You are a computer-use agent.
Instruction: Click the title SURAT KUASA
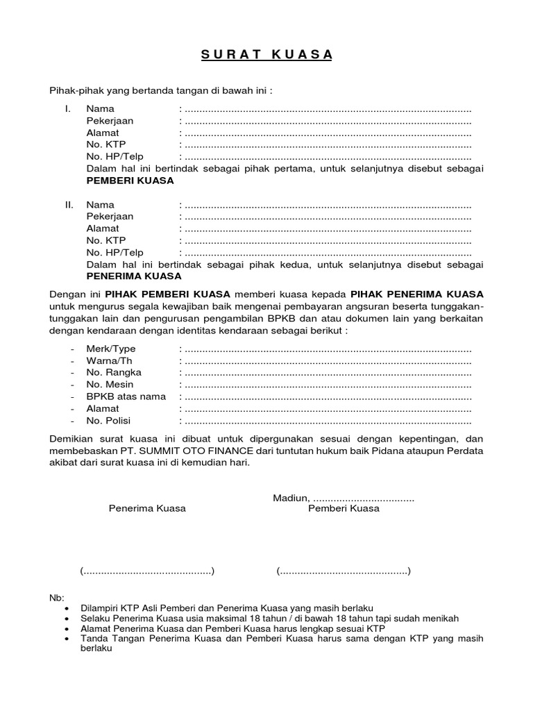(266, 56)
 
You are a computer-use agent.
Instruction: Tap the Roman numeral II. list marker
(69, 205)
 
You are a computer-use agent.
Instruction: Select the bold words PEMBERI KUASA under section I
(130, 181)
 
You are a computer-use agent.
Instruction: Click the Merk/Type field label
(111, 349)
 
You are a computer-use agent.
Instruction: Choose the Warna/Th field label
(110, 361)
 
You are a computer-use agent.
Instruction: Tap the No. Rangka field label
(114, 373)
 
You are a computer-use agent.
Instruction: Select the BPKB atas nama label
(126, 396)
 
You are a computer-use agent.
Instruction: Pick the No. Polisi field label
(108, 421)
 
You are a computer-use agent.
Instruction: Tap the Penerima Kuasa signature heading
(147, 508)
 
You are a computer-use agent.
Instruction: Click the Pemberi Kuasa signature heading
(344, 508)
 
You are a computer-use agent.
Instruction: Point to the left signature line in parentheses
(147, 571)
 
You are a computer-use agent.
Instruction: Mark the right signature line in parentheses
(344, 571)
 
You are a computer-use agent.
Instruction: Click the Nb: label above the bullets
(56, 598)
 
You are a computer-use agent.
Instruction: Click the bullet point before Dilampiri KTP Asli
(66, 608)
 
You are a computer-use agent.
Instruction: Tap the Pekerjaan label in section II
(110, 217)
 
